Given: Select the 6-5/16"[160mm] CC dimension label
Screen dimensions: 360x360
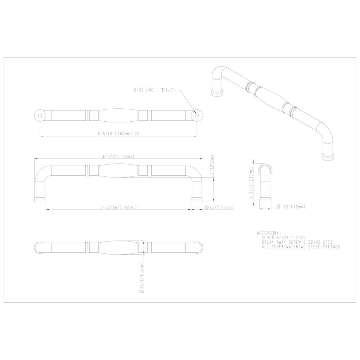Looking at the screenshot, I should pos(118,133).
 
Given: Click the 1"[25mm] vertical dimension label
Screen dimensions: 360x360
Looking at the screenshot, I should pos(212,168).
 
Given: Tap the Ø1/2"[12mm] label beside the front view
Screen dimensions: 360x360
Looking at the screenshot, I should pos(219,207).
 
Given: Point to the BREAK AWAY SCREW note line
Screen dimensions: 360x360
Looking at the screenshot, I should pos(297,242).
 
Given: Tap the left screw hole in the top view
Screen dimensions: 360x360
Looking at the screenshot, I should pos(40,115).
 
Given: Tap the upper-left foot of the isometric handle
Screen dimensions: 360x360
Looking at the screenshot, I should pos(216,93).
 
